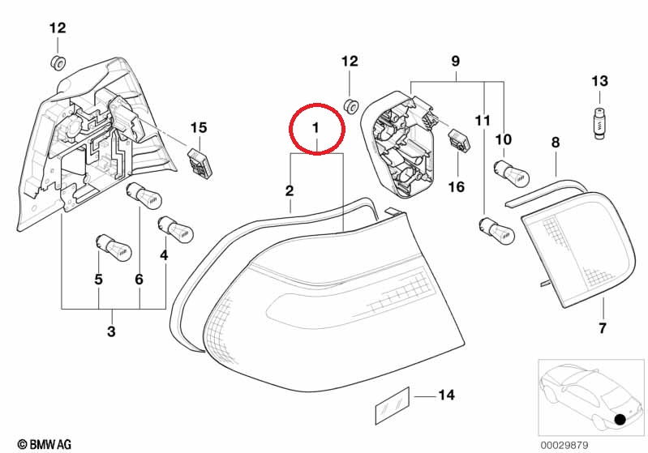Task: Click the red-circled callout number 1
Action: [315, 127]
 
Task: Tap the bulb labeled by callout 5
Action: [113, 247]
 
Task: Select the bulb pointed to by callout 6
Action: [144, 196]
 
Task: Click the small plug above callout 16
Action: [459, 140]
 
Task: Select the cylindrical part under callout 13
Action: [599, 122]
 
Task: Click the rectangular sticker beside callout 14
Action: [392, 406]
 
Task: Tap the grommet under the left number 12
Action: [58, 62]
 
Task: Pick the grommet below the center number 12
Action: [350, 105]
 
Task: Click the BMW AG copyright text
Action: [45, 444]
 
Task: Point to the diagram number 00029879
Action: [564, 445]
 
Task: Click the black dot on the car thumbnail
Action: [620, 420]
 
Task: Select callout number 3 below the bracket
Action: [111, 331]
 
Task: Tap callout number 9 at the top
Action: [455, 61]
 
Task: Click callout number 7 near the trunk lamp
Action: [603, 328]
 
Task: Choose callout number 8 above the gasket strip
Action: [556, 143]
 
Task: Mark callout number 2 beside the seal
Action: [290, 190]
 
